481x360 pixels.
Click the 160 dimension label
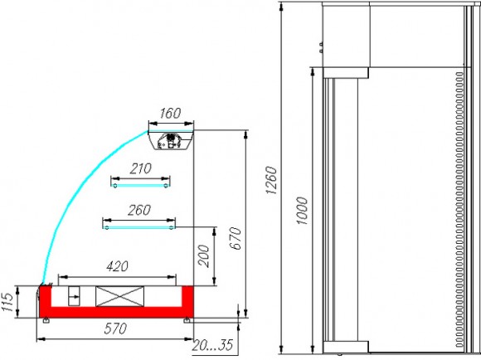170,114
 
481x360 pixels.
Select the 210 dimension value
140,168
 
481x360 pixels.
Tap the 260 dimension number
139,211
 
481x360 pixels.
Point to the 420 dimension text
117,266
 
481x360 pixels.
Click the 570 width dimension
115,328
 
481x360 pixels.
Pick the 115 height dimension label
7,302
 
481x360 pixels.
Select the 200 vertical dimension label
203,256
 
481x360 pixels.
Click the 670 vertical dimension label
236,238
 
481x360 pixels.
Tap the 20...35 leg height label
212,345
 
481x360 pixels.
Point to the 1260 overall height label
271,181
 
